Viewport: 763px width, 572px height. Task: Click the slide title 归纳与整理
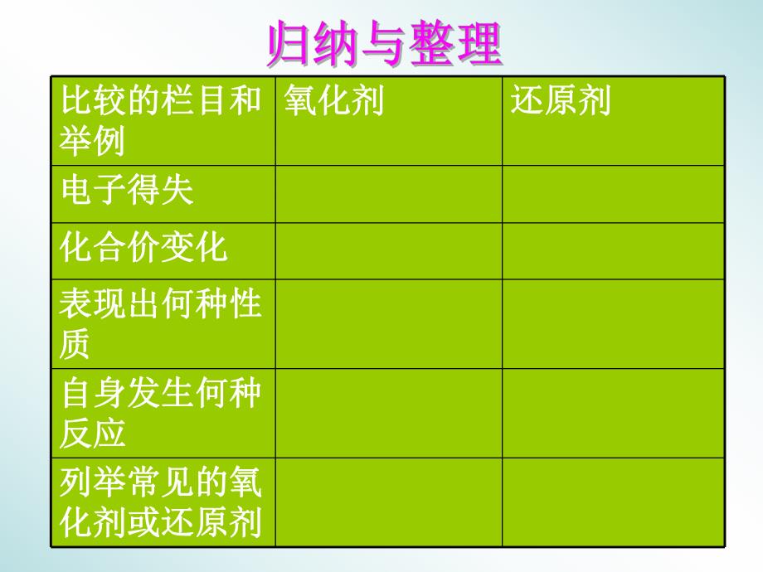pyautogui.click(x=384, y=46)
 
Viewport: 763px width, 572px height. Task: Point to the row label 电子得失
pyautogui.click(x=127, y=191)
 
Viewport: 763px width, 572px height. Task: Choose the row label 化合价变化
pyautogui.click(x=143, y=248)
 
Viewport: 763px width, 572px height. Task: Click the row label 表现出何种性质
pyautogui.click(x=160, y=324)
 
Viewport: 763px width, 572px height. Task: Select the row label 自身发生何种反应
pyautogui.click(x=160, y=412)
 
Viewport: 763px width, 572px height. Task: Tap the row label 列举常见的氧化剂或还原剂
pyautogui.click(x=160, y=501)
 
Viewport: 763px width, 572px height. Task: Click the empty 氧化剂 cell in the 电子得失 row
pyautogui.click(x=388, y=194)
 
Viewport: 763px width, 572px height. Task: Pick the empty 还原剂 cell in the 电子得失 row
pyautogui.click(x=613, y=194)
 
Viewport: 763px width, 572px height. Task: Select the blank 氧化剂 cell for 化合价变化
pyautogui.click(x=388, y=250)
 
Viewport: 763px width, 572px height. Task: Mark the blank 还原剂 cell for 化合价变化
pyautogui.click(x=613, y=250)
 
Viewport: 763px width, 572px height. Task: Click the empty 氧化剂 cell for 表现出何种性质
pyautogui.click(x=388, y=324)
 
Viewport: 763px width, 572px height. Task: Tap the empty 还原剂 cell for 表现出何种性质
pyautogui.click(x=613, y=324)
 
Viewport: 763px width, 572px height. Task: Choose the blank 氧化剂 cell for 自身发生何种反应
pyautogui.click(x=388, y=413)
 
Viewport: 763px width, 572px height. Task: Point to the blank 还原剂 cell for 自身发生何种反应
pyautogui.click(x=613, y=413)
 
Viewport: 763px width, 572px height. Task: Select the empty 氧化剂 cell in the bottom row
pyautogui.click(x=388, y=502)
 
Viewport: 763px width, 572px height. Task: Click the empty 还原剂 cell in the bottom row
pyautogui.click(x=613, y=502)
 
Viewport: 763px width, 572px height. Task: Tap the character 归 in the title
pyautogui.click(x=284, y=46)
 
